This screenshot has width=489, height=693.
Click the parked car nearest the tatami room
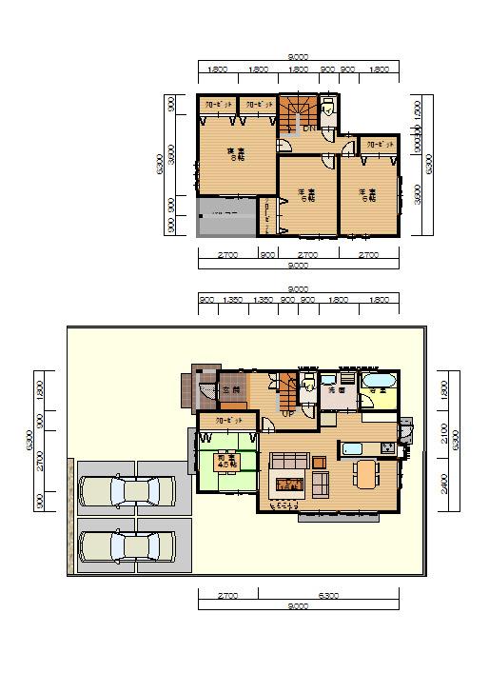127,491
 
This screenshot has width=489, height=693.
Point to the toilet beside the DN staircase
327,108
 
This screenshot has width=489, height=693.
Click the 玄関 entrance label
229,389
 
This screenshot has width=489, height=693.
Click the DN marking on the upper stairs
309,129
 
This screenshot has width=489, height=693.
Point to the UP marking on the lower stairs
288,414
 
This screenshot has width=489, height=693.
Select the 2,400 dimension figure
444,486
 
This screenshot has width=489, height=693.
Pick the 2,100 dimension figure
444,433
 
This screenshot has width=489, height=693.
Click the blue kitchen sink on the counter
349,448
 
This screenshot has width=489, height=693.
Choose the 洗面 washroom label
337,390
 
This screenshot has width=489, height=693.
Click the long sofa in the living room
286,462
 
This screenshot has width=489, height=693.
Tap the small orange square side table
319,463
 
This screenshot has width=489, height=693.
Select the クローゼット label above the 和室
229,420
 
